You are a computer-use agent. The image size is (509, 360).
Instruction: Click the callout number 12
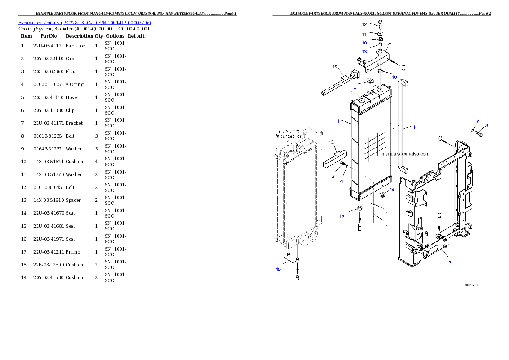(364, 24)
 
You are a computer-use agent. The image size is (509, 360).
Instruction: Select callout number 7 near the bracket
(390, 43)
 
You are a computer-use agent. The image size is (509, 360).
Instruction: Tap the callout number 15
(335, 67)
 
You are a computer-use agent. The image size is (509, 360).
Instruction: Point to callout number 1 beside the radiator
(338, 121)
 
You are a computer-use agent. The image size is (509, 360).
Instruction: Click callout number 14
(415, 127)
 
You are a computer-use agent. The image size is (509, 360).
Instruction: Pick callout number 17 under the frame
(449, 263)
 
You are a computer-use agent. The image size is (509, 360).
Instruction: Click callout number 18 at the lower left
(278, 269)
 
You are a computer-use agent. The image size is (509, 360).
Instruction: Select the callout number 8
(486, 126)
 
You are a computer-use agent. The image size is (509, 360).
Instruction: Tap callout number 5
(385, 225)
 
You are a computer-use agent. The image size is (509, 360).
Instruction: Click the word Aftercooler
(289, 136)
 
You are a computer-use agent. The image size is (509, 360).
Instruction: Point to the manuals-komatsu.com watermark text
(405, 154)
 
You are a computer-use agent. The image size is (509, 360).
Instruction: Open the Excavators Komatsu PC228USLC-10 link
(84, 23)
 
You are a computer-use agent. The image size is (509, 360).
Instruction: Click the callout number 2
(355, 87)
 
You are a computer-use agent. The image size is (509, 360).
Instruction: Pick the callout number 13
(364, 51)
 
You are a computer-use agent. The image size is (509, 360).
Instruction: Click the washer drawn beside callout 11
(380, 33)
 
